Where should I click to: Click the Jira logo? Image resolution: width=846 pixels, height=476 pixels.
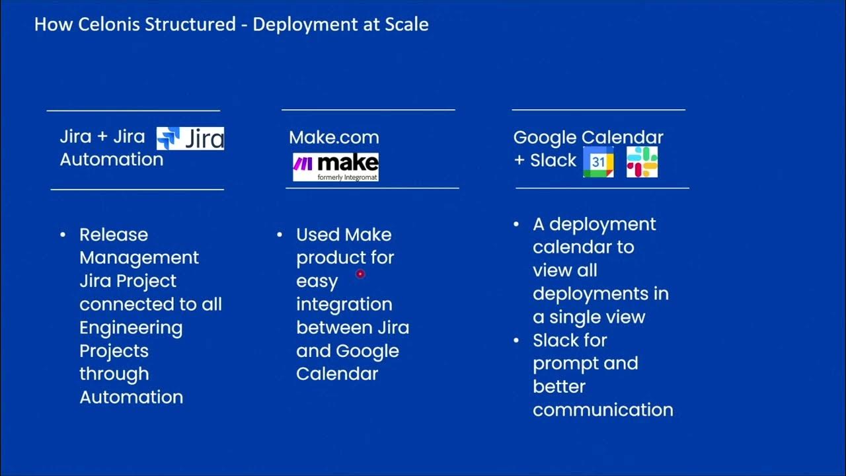(x=190, y=138)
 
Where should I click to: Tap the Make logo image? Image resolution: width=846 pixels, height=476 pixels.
(x=336, y=167)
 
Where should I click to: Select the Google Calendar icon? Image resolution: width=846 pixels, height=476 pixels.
(x=598, y=162)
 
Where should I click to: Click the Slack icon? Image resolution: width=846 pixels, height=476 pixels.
(x=642, y=162)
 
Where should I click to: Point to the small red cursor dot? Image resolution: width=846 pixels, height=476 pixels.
(x=360, y=273)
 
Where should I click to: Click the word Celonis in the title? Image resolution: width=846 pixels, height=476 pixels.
(x=104, y=25)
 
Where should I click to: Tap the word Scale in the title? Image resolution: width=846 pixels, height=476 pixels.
(x=406, y=25)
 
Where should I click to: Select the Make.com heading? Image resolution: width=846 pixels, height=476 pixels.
(x=334, y=138)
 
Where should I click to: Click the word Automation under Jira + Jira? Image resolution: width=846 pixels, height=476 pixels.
(x=111, y=159)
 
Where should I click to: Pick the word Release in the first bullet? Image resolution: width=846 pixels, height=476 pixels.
(x=114, y=235)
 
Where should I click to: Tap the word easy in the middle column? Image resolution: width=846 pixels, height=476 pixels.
(x=317, y=281)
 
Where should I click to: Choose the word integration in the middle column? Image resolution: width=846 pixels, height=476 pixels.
(x=344, y=304)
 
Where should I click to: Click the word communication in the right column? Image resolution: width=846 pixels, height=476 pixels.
(x=603, y=410)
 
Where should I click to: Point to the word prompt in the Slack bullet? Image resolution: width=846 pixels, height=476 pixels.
(x=562, y=364)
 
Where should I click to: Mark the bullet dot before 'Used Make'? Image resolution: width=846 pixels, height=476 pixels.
(x=280, y=235)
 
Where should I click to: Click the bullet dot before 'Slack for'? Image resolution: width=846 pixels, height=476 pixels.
(x=517, y=340)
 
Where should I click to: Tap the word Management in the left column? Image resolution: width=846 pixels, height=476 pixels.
(x=139, y=258)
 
